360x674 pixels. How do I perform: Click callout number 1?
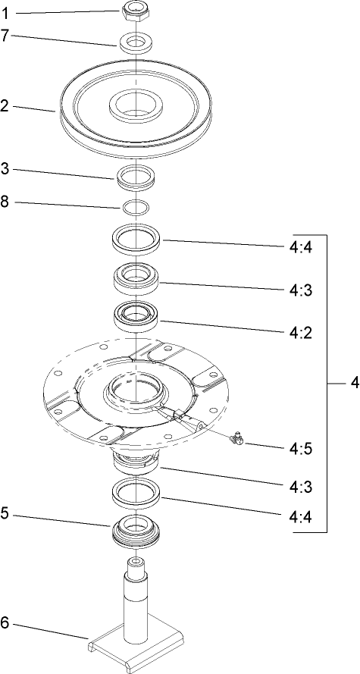(7, 13)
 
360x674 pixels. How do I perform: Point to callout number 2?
(6, 107)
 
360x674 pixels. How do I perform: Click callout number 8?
(6, 203)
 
